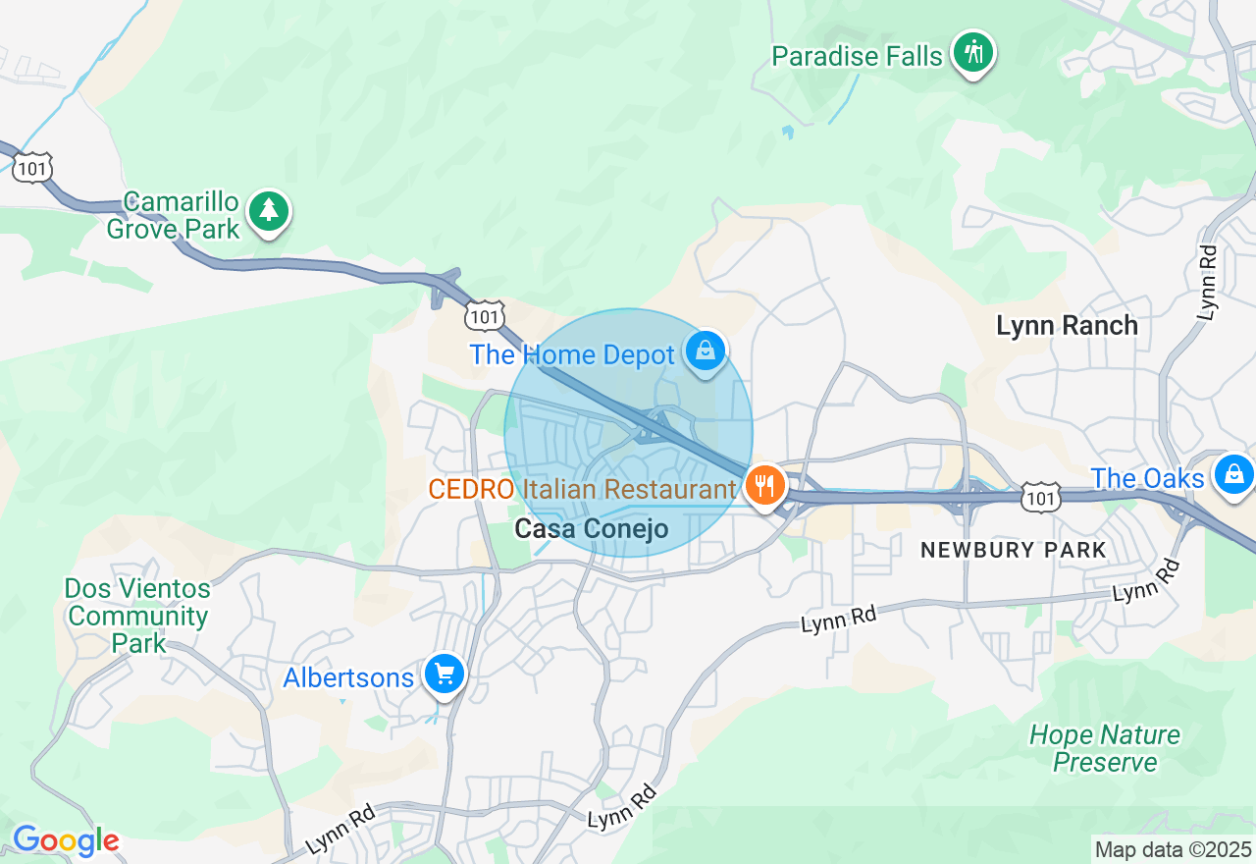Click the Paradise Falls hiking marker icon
973,52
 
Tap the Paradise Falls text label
857,57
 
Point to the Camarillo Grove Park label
173,216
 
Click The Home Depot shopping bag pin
705,351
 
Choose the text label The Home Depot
572,354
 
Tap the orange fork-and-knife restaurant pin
763,485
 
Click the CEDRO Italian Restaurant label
582,489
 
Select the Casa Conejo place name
592,529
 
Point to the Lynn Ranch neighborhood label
1067,326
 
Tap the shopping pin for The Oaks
1233,474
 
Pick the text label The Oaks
1147,479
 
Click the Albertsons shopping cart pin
445,675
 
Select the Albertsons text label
348,678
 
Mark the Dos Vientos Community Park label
137,617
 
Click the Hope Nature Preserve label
1105,748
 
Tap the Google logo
66,841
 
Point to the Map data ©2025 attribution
1173,850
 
